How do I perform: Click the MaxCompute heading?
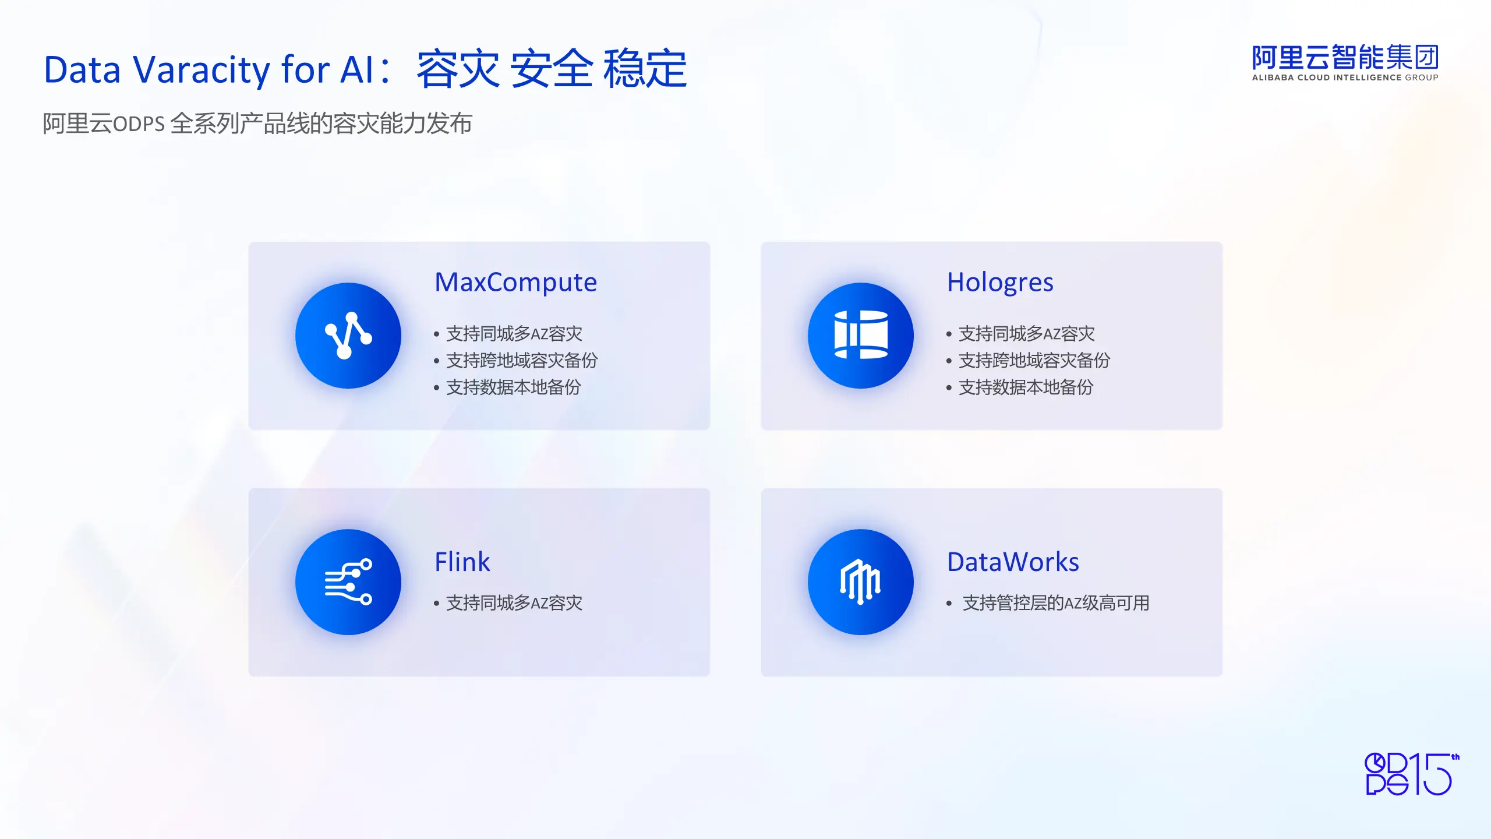coord(515,283)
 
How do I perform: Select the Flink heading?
coord(462,562)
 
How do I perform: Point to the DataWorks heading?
coord(1013,562)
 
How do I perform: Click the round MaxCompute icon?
coord(348,336)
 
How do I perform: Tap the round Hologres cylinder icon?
coord(861,336)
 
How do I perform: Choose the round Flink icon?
coord(348,582)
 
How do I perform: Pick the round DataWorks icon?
coord(861,582)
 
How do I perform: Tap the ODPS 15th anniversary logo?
coord(1412,774)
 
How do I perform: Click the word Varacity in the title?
coord(202,70)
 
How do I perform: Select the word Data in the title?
coord(82,70)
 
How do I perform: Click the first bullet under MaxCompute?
coord(514,334)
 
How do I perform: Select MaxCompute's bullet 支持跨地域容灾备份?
coord(522,361)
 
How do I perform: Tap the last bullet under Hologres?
coord(1026,387)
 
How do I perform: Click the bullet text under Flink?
coord(514,603)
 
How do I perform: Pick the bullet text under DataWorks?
coord(1056,603)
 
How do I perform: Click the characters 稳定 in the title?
coord(645,69)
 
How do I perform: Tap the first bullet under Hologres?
coord(1027,334)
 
